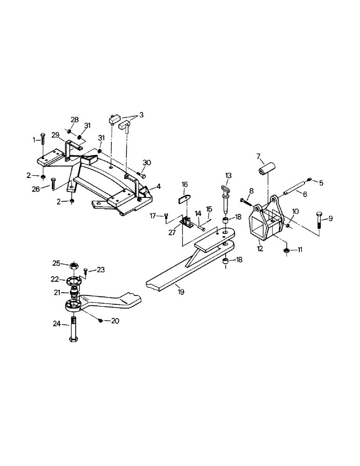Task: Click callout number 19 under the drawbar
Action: point(181,292)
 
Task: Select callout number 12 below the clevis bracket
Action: point(260,249)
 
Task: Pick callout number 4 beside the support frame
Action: point(159,186)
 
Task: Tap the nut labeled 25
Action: point(73,266)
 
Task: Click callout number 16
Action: point(184,185)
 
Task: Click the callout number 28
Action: point(75,120)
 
